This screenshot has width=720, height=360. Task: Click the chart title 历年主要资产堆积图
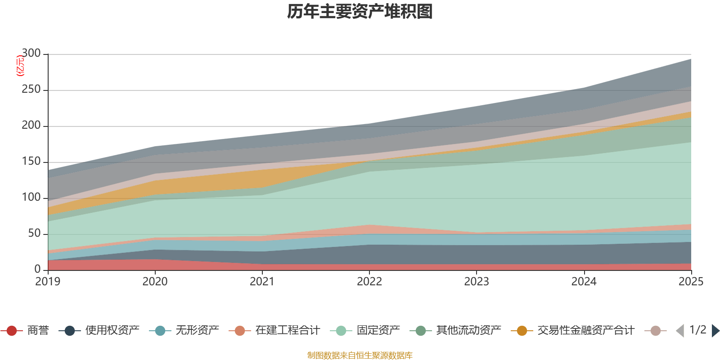click(x=360, y=12)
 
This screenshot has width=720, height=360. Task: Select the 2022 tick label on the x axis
click(x=369, y=282)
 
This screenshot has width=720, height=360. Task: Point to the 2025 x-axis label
click(x=691, y=282)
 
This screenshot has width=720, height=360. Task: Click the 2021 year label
click(x=262, y=282)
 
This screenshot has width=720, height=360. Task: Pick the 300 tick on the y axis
click(x=31, y=54)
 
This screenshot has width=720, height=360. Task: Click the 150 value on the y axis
click(x=31, y=162)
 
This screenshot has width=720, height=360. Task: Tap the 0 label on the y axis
click(x=37, y=269)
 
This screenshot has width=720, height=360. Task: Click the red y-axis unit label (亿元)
click(x=20, y=66)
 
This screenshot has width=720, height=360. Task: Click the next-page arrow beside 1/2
click(x=715, y=331)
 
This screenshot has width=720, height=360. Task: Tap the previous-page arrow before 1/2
click(x=680, y=331)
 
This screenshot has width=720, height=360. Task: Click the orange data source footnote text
click(x=360, y=355)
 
